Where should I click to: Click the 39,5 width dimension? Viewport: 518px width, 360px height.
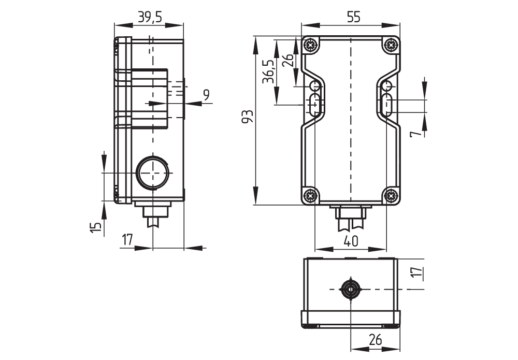[150, 17]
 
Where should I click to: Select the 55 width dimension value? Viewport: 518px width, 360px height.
[353, 17]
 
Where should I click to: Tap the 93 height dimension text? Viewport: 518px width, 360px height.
[248, 116]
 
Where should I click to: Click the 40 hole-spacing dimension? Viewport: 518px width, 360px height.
[351, 241]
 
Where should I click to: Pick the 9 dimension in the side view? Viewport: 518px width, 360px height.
[206, 95]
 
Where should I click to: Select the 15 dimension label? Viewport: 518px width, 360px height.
[95, 227]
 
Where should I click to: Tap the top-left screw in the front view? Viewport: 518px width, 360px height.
[310, 45]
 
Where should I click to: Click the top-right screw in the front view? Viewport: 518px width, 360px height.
[391, 45]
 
